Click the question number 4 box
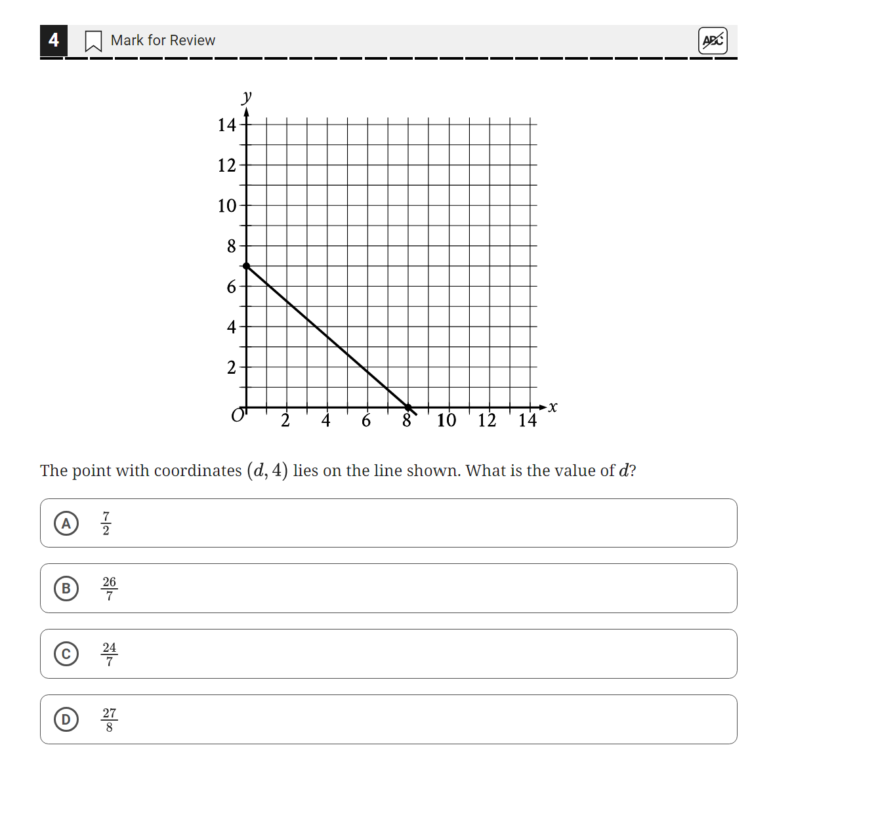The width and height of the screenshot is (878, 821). point(54,40)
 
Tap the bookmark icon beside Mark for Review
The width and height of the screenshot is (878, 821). point(93,41)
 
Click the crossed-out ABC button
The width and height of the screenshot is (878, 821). point(713,41)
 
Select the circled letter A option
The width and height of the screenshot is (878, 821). point(66,523)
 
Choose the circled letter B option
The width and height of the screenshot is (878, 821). point(66,588)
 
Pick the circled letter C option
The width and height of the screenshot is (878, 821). point(66,654)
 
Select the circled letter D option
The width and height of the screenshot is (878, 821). point(66,719)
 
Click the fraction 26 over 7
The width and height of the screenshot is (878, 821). point(109,588)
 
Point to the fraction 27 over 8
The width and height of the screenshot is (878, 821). point(109,719)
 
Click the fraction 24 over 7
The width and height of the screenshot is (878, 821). point(109,654)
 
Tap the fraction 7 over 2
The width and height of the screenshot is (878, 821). point(106,523)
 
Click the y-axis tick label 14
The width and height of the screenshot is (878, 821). point(226,125)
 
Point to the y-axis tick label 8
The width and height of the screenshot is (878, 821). point(231,247)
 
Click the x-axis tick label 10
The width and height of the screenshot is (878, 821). point(446,420)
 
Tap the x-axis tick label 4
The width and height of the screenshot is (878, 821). point(325,420)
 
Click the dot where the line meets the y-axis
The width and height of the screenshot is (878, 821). point(246,266)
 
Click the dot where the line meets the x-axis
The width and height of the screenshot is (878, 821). point(408,407)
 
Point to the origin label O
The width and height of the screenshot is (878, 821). point(237,416)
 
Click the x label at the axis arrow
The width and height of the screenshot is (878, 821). point(553,407)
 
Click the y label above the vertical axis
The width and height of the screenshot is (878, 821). point(246,97)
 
